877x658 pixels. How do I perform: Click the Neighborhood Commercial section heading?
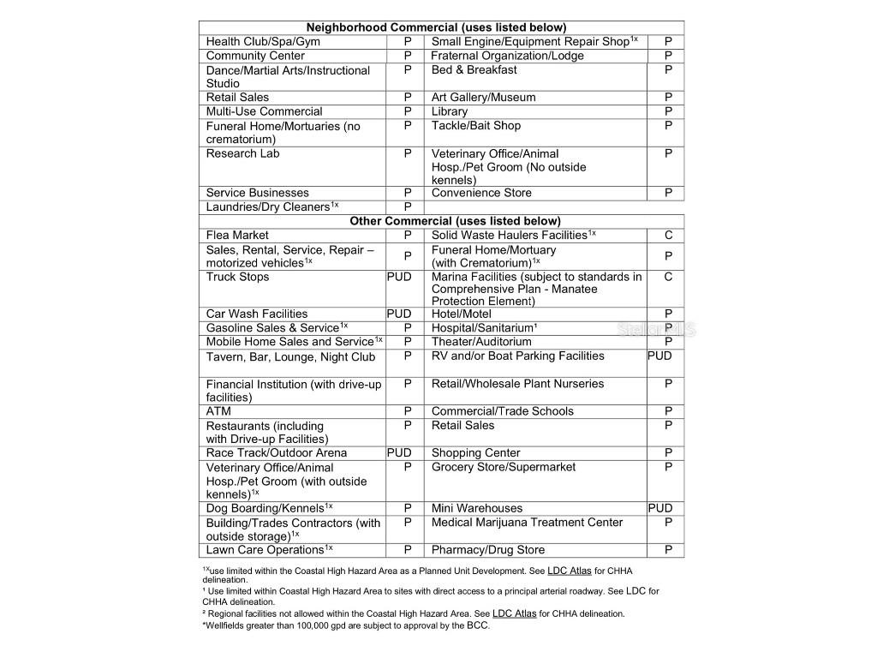[x=436, y=27]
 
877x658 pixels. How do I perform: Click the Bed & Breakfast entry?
[x=474, y=69]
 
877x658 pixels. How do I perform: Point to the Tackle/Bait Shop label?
[x=476, y=125]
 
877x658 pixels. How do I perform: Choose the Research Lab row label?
[x=242, y=153]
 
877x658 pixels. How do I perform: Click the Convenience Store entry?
[x=481, y=193]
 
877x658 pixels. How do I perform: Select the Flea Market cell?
[x=237, y=235]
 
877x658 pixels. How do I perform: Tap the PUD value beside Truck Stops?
[x=399, y=277]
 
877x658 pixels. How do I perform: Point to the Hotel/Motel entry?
[x=462, y=314]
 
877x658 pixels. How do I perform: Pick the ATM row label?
[x=218, y=411]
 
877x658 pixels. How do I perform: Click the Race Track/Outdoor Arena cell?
[x=277, y=452]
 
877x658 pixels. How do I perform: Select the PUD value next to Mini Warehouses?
[x=660, y=508]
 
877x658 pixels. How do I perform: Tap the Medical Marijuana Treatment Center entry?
[x=528, y=522]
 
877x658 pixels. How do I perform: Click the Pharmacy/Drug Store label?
[x=488, y=550]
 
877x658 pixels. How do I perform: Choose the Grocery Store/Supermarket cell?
[x=504, y=467]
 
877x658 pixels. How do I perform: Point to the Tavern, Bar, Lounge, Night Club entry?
[x=290, y=357]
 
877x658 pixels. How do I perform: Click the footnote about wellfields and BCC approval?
[x=346, y=625]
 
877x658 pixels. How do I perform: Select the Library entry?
[x=450, y=111]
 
